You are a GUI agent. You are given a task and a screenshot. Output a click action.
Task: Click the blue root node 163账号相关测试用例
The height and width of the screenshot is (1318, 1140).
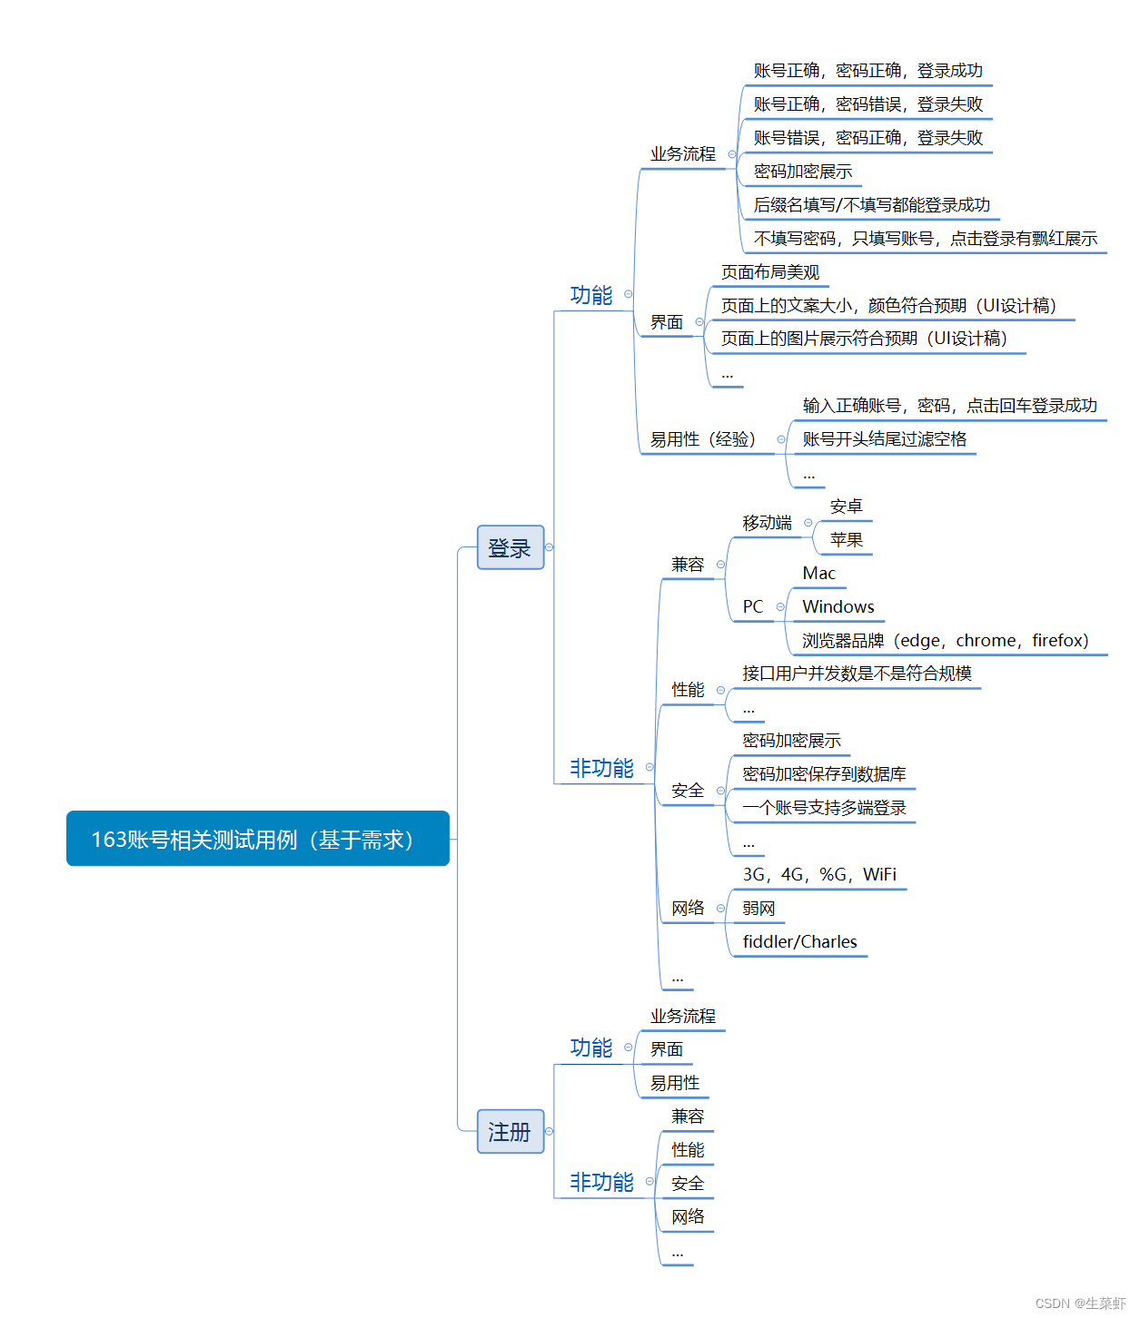[257, 839]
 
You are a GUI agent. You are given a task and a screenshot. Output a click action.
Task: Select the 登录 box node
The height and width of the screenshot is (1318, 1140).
[511, 547]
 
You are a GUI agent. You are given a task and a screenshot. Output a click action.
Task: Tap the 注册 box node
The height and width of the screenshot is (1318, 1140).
[511, 1132]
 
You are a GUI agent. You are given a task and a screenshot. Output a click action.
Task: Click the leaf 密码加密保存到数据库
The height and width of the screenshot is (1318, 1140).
[824, 774]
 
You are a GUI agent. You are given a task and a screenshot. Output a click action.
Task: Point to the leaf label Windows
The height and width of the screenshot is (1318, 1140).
[838, 606]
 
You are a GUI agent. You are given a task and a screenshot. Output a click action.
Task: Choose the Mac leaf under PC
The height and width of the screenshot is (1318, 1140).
[818, 573]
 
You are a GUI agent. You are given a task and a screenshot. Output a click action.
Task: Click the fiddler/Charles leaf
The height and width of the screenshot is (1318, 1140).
[799, 941]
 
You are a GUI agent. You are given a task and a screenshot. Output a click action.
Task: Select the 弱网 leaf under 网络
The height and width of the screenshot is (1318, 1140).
[758, 908]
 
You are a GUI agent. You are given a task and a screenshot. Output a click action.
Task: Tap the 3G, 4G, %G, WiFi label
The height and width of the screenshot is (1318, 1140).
[819, 874]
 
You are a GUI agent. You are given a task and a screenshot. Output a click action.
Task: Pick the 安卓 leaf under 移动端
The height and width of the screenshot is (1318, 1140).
[846, 506]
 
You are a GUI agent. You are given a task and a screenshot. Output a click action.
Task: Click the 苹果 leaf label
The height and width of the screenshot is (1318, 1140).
[846, 539]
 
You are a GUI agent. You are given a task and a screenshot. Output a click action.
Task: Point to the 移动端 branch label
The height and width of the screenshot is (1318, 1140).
[767, 522]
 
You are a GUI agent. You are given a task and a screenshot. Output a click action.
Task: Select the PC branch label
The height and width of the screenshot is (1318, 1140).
[752, 606]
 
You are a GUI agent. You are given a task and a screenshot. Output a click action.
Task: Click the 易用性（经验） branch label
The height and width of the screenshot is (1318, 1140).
[702, 439]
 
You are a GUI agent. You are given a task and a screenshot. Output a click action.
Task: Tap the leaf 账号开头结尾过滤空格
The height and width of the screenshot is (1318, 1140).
[884, 439]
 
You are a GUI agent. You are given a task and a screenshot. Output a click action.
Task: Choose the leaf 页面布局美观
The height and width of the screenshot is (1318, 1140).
[770, 272]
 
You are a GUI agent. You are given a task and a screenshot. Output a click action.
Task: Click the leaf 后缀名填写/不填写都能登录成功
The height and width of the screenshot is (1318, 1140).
[871, 205]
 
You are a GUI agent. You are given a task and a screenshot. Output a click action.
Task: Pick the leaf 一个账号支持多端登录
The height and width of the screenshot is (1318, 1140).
[824, 808]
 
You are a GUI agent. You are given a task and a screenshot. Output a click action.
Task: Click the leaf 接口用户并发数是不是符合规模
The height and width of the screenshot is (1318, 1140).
[857, 674]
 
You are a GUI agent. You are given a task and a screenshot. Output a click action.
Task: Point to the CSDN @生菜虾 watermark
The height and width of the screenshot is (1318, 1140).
[1079, 1303]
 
